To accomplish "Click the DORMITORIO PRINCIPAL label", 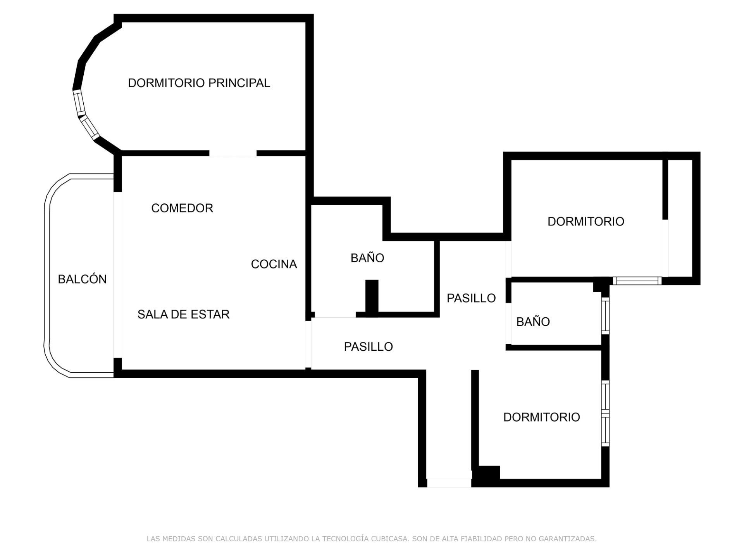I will pos(199,83).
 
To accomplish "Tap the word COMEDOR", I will pos(182,208).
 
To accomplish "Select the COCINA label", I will pos(274,264).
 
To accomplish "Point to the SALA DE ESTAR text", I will pos(183,314).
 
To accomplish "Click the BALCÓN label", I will pos(82,279).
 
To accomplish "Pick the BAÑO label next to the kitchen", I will pos(367,258).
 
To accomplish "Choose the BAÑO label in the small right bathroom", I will pos(533,321).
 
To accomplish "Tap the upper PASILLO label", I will pos(471,298).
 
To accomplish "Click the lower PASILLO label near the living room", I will pos(368,346).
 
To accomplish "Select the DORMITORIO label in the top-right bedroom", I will pos(586,221).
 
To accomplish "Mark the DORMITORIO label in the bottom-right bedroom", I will pos(541,417).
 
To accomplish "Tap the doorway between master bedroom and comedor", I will pos(232,153).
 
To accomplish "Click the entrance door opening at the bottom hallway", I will pos(449,483).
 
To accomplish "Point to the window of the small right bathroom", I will pos(605,315).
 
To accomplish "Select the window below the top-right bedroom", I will pos(637,281).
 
